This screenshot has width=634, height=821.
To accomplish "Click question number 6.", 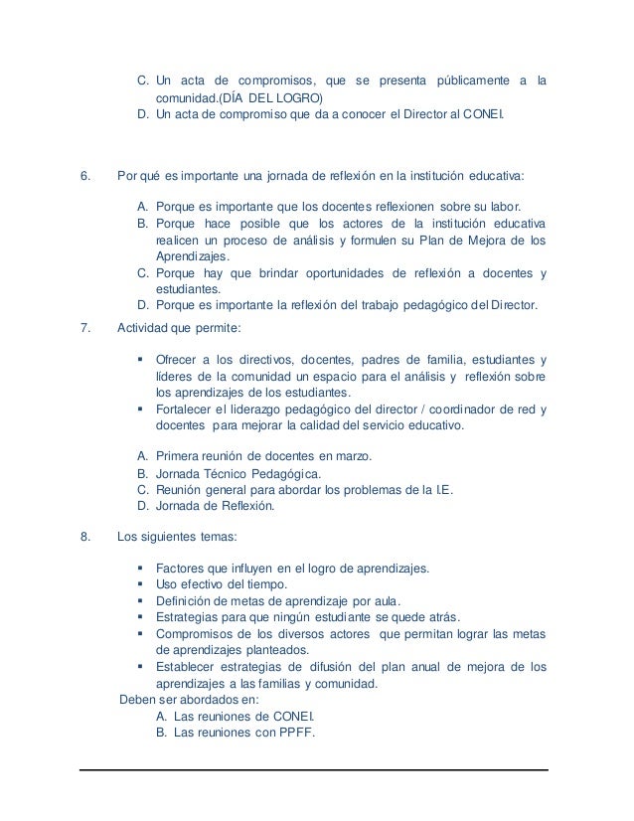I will click(x=84, y=177).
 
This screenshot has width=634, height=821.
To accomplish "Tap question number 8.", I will click(x=84, y=540).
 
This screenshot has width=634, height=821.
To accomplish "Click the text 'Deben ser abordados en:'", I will click(x=182, y=699).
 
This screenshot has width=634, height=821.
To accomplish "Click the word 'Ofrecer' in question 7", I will click(x=179, y=359).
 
